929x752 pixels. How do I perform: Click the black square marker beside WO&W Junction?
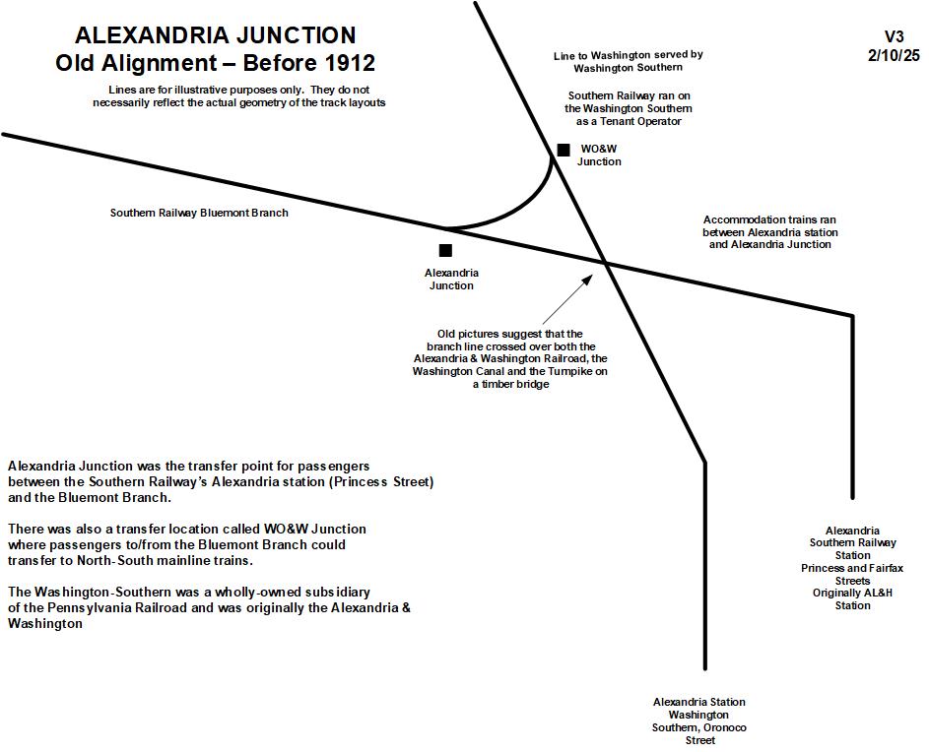(x=564, y=150)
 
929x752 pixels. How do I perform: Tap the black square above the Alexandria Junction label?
(x=445, y=251)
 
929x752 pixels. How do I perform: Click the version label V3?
(x=894, y=36)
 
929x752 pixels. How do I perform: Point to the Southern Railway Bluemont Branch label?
(x=199, y=213)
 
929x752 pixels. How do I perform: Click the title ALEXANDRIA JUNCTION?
(x=216, y=35)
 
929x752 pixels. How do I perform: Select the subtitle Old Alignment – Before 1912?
(x=216, y=64)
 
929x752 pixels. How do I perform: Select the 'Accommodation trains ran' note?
(x=769, y=219)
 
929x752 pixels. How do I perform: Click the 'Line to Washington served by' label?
(x=628, y=55)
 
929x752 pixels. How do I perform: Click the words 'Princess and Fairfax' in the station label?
(x=853, y=568)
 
